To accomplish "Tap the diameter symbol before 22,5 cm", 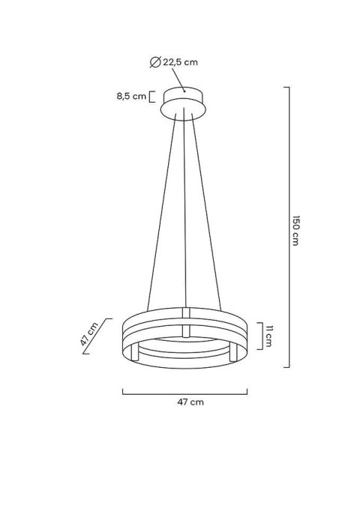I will (154, 63).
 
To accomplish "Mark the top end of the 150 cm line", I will (286, 88).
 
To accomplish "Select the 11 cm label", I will (268, 336).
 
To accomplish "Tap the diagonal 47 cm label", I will (91, 334).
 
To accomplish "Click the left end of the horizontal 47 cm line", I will (122, 391).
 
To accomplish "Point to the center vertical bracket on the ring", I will (184, 321).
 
